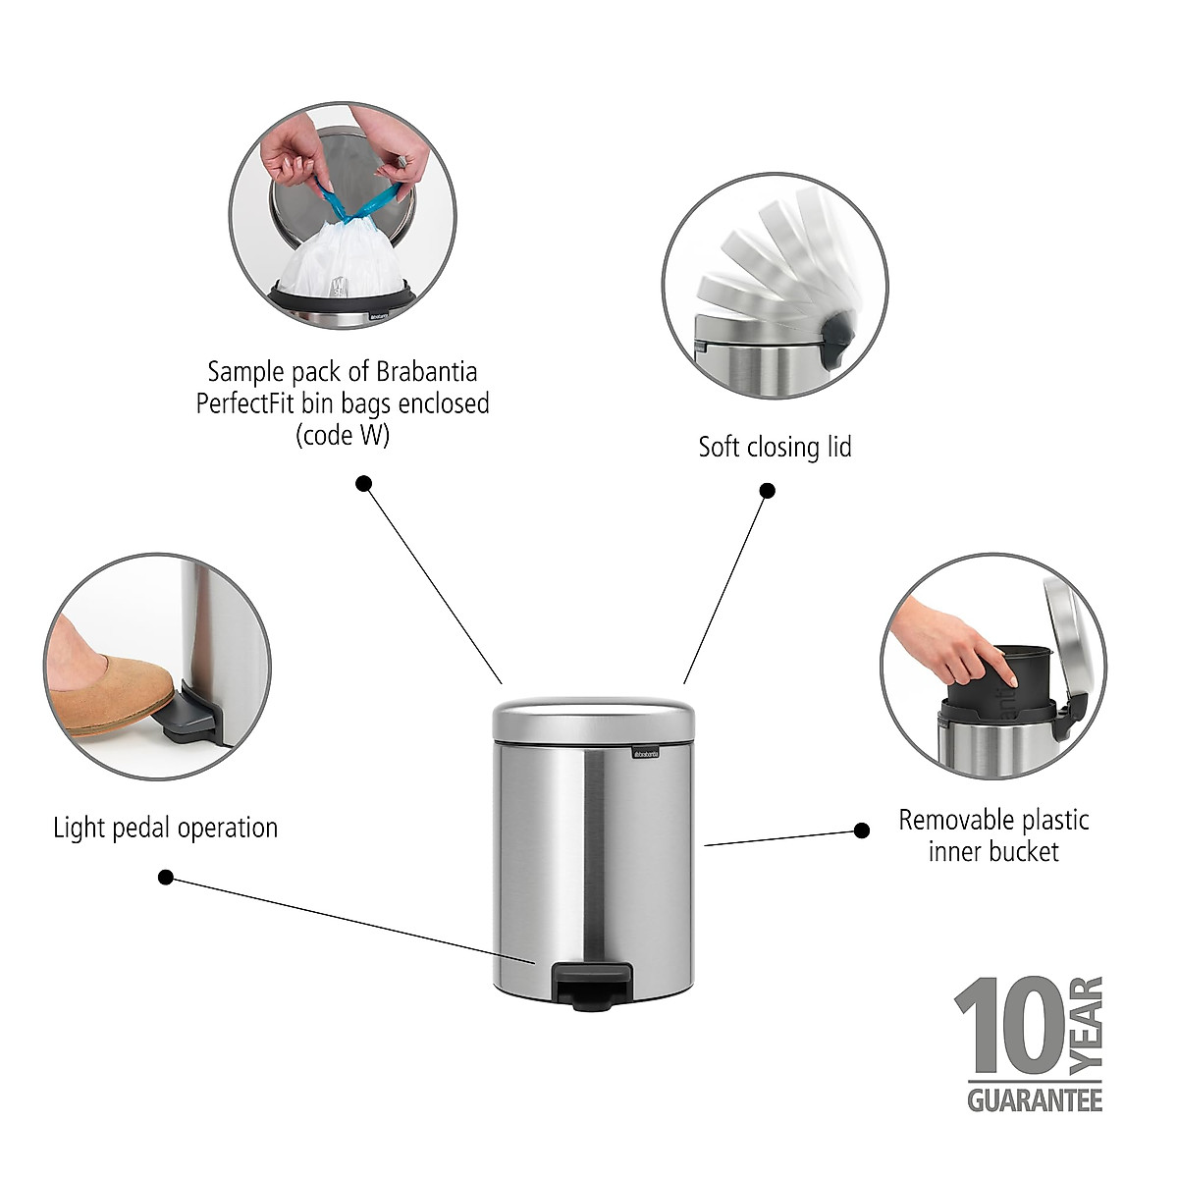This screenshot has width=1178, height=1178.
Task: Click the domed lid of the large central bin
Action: pos(593,720)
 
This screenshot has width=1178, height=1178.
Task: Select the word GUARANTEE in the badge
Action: pos(1035,1099)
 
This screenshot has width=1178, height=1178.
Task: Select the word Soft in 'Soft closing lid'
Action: pos(720,448)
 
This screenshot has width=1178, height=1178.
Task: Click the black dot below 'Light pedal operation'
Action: pos(166,877)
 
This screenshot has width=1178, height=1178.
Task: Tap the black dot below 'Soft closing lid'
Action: pos(768,490)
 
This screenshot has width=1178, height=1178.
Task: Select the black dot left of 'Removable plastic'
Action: pos(862,830)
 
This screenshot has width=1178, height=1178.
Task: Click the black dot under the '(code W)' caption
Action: pos(363,483)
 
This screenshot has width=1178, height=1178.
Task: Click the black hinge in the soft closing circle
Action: pos(835,335)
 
